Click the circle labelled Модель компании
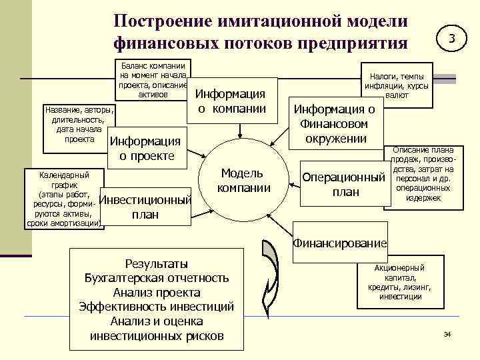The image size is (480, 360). click(x=245, y=180)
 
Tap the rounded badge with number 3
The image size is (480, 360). click(x=452, y=39)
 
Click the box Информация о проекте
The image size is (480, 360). click(x=145, y=149)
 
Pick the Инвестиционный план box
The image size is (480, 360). click(x=145, y=207)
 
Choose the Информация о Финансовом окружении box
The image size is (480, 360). click(x=335, y=124)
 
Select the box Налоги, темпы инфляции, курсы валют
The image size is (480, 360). click(x=397, y=85)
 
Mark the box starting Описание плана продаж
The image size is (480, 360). click(x=423, y=175)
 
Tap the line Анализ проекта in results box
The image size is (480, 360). click(x=157, y=293)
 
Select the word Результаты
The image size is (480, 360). click(x=157, y=263)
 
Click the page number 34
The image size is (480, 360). click(x=447, y=333)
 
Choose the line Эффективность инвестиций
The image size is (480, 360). click(x=157, y=307)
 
